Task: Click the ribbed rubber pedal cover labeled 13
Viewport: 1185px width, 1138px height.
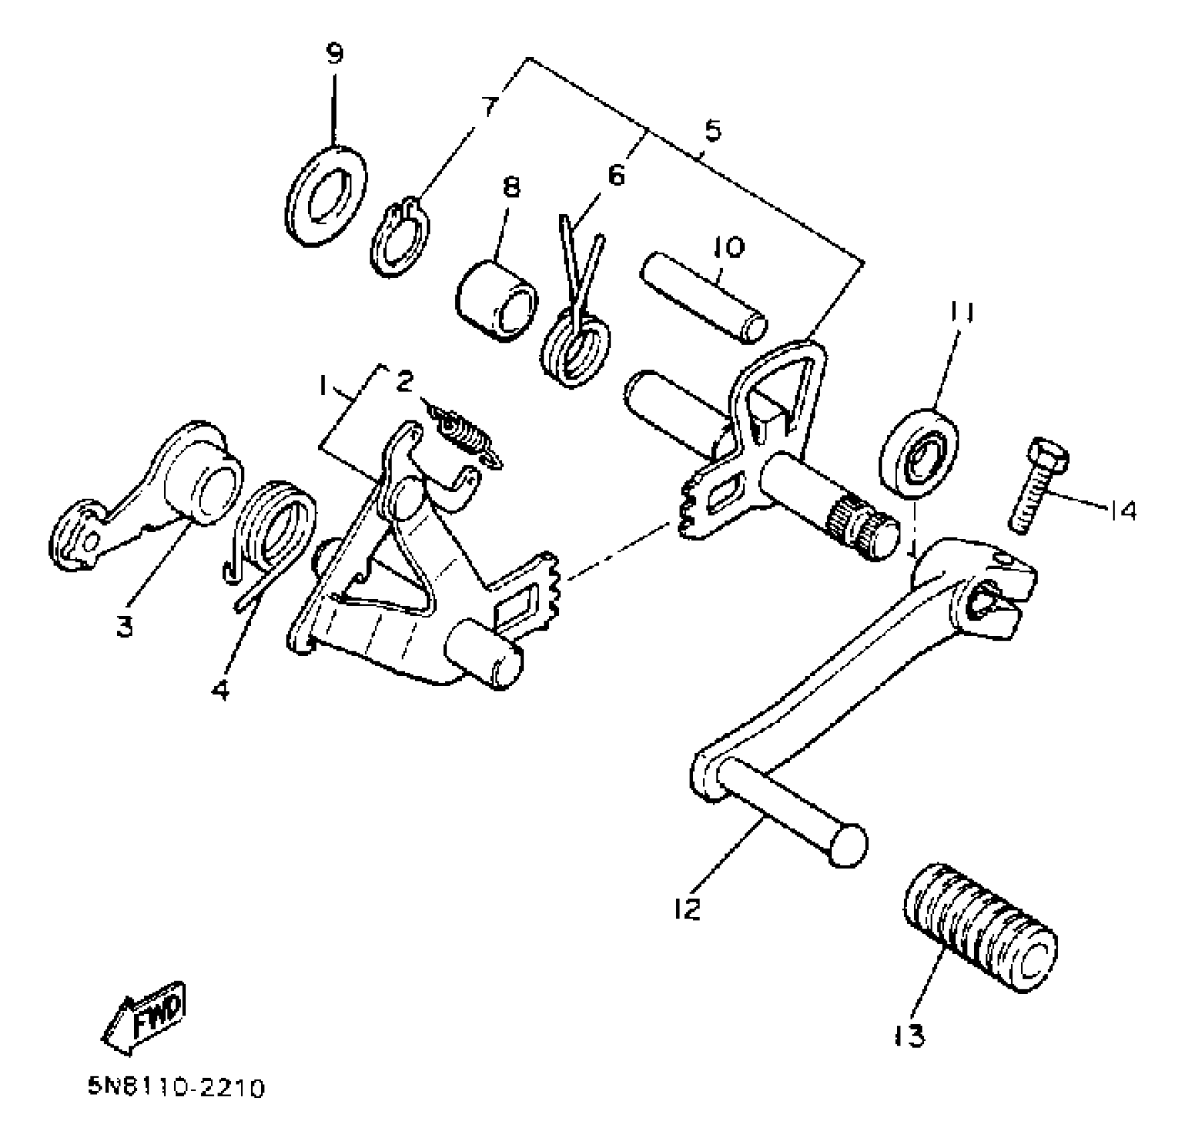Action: (x=981, y=937)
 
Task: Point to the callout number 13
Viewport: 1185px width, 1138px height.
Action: (x=909, y=1036)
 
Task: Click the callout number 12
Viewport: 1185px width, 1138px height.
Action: (x=688, y=909)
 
